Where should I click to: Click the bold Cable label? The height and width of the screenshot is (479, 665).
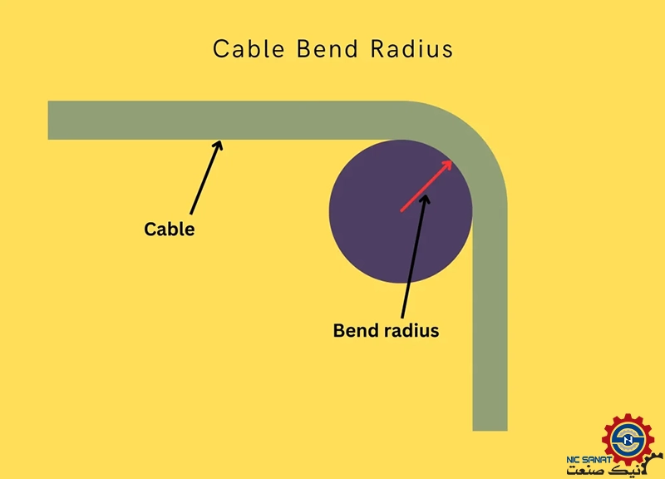tap(170, 230)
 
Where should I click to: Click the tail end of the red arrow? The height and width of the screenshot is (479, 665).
tap(401, 211)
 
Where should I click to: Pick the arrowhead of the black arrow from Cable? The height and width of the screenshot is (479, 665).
tap(219, 145)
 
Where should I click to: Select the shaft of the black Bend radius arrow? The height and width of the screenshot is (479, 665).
tap(415, 258)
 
